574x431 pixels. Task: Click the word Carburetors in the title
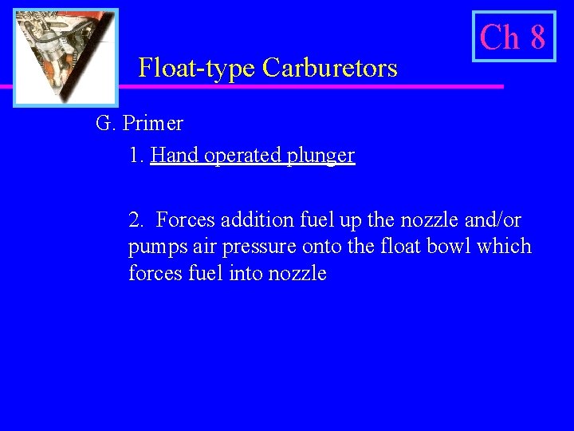pos(330,69)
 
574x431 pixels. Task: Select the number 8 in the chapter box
pos(537,37)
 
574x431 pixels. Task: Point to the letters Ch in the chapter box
pos(500,37)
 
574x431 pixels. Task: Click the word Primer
pos(153,124)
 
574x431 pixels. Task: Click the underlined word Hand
pos(175,155)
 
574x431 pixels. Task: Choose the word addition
pos(251,219)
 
